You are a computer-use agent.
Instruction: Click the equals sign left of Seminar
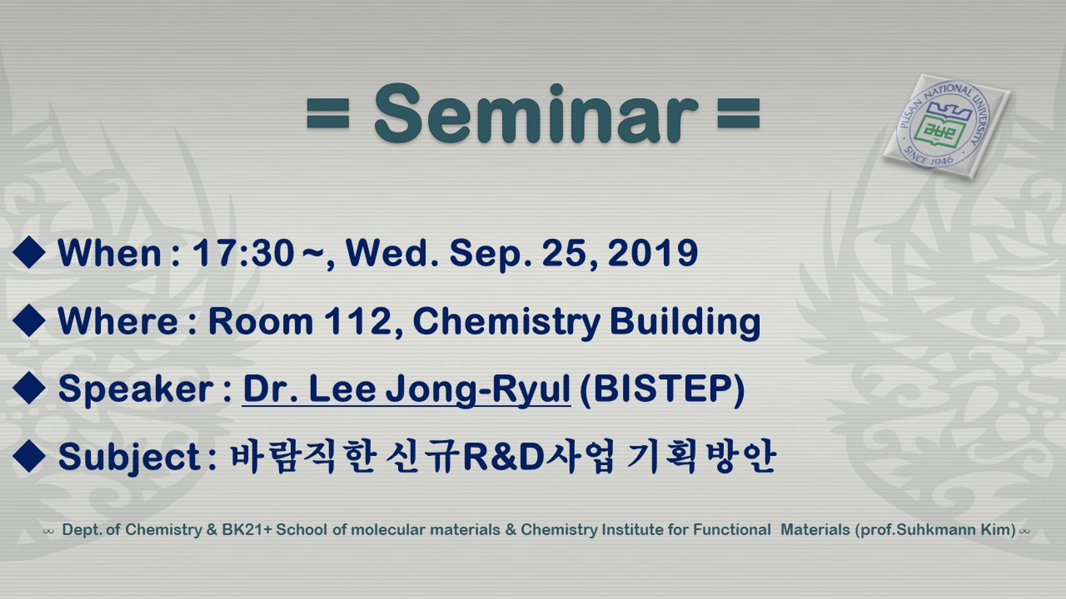pos(328,112)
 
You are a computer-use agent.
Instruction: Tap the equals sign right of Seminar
pos(739,112)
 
